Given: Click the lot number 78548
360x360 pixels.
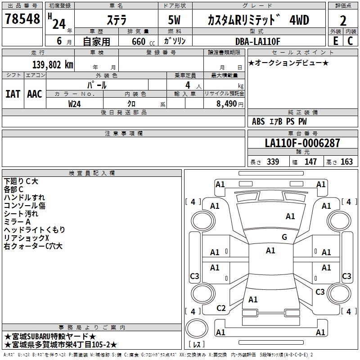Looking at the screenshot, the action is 22,19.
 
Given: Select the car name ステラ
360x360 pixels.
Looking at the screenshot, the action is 117,20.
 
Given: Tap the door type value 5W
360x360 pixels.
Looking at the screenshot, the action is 175,20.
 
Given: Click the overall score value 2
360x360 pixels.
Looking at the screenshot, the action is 343,20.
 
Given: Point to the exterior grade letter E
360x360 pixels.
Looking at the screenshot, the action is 335,40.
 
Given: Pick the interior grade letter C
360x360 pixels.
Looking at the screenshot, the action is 350,40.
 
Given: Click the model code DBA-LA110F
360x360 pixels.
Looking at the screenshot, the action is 257,41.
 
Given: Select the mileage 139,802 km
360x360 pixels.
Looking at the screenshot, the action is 53,65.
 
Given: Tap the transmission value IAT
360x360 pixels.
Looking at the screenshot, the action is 13,94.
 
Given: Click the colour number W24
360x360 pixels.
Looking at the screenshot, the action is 75,103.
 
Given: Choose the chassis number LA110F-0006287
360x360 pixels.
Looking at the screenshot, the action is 302,143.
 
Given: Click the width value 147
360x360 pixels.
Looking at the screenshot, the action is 310,162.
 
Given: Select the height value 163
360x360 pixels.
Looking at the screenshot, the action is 346,162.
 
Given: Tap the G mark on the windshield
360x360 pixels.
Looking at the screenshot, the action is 284,237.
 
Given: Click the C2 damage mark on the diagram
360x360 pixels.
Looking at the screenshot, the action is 221,308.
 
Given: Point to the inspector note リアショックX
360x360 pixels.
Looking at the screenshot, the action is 26,238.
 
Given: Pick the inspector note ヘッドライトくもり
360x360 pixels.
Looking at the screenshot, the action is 34,229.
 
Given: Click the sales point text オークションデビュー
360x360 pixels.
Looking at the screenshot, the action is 288,63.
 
